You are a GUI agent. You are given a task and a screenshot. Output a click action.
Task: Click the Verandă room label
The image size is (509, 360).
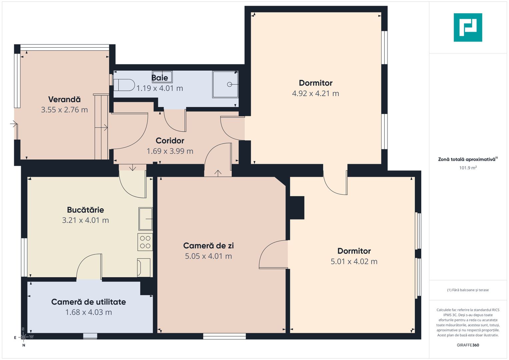tap(64, 99)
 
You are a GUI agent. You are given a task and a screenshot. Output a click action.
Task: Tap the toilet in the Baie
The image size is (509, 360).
tap(124, 85)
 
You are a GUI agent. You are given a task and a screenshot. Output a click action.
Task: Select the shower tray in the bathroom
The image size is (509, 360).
tap(225, 84)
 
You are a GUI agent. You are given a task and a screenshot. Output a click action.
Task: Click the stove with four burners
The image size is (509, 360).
tap(145, 242)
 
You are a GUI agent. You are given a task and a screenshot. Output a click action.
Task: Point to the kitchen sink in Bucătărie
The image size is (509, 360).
tap(145, 219)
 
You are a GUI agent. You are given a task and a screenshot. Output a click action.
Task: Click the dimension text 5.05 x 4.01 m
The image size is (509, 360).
tap(208, 256)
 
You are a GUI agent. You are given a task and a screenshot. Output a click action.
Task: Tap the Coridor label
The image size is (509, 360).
tap(170, 141)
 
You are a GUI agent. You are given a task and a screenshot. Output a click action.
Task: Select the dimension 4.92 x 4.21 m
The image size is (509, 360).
tap(315, 93)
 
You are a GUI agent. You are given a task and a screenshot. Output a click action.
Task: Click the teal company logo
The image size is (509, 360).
tap(468, 27)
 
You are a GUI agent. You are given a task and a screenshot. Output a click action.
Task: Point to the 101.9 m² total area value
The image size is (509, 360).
tap(468, 168)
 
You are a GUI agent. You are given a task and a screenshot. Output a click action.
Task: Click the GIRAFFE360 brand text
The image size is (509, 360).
tap(468, 345)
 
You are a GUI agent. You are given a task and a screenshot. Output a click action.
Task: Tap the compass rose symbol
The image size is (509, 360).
tap(23, 337)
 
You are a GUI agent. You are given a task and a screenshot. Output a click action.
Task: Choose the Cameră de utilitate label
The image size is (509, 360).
tap(88, 302)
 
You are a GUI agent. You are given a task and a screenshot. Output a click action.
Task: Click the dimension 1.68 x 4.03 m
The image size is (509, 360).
tap(89, 312)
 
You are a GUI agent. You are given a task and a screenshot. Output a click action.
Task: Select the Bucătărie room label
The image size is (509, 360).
tap(85, 210)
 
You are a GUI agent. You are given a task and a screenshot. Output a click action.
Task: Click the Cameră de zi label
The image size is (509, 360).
tap(208, 246)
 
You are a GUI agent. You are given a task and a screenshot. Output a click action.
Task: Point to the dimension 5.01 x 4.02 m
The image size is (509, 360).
tap(354, 262)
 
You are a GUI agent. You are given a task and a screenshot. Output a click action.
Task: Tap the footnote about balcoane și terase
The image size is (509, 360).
tap(468, 290)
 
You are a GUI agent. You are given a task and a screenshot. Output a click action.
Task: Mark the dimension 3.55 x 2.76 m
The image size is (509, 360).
tap(64, 110)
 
